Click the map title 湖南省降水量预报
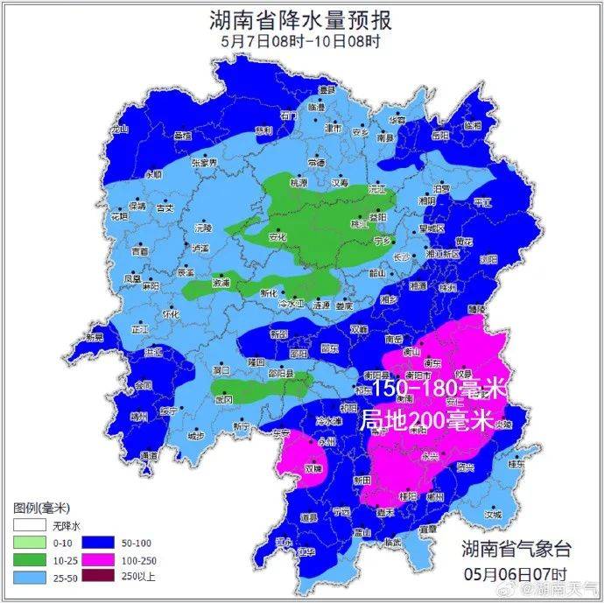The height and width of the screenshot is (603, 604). coord(301,19)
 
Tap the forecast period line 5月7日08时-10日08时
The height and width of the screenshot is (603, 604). coord(301,40)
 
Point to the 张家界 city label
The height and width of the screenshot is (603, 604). coord(203,162)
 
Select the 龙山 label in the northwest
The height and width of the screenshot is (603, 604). coord(117,129)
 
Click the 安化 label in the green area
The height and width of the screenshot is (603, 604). coord(277,236)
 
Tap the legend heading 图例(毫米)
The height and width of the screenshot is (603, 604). coord(41,508)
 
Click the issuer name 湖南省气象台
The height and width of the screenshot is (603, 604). coord(516,549)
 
